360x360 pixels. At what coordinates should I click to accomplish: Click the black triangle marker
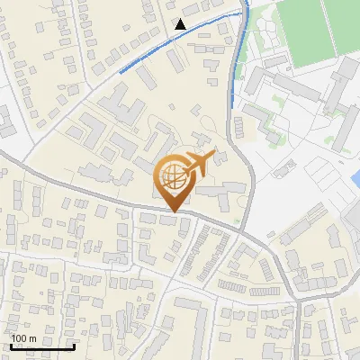tap(181, 24)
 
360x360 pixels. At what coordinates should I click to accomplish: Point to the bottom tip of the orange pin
tap(172, 211)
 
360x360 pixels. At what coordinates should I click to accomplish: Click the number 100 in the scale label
tap(20, 338)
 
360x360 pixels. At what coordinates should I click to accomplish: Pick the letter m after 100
tap(33, 338)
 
